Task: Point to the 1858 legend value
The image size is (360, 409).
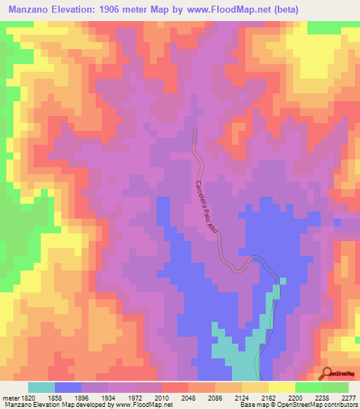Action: click(55, 397)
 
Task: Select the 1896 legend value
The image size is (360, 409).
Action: click(82, 397)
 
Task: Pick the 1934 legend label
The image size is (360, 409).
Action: click(108, 397)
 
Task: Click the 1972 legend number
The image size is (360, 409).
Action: click(135, 397)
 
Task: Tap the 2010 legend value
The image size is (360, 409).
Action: click(162, 397)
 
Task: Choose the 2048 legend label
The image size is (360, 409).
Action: click(188, 397)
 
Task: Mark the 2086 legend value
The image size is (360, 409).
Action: click(215, 397)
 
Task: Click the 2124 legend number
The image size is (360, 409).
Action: click(242, 397)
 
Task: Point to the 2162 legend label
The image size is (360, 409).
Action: click(269, 397)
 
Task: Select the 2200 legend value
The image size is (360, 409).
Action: click(295, 397)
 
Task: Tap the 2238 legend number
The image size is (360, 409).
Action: click(322, 397)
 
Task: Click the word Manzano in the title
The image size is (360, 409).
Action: click(29, 10)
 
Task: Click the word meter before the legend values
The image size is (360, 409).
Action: click(9, 397)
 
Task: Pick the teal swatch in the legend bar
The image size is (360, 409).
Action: click(41, 387)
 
